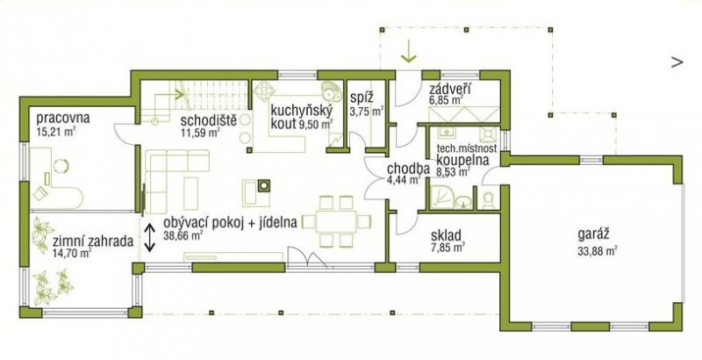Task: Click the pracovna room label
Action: coord(63,119)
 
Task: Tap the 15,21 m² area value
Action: coord(56,132)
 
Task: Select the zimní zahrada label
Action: coord(93,241)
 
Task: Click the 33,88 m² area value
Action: coord(598,251)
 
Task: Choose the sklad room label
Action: coord(446,235)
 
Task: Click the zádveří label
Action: coord(449,89)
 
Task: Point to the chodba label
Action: coord(407,169)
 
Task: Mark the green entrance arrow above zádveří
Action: coord(409,51)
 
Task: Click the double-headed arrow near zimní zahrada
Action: coord(150,237)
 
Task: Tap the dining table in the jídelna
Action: coord(336,221)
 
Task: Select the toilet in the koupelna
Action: coord(489,200)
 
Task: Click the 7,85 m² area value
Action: coord(448,247)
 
